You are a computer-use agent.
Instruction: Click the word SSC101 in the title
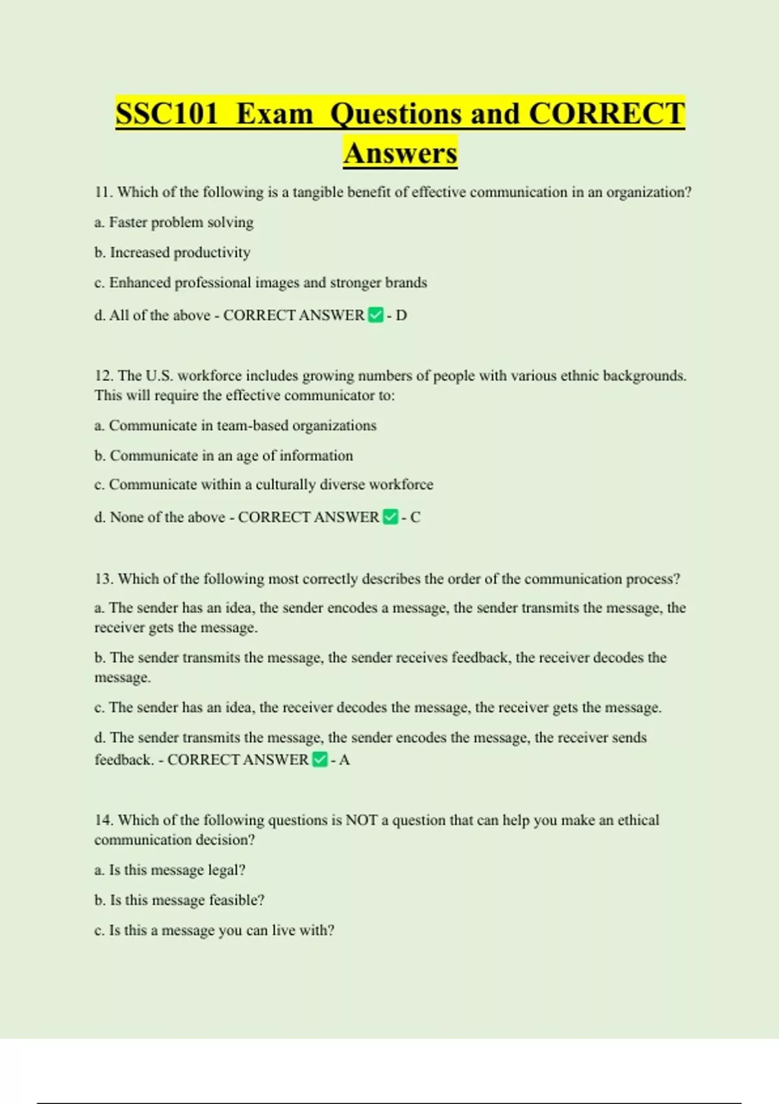167,114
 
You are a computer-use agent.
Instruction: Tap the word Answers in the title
401,153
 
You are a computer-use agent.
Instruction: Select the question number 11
104,192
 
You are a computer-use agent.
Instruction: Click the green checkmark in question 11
375,316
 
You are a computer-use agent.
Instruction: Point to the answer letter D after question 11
401,316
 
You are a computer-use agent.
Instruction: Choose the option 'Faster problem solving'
181,222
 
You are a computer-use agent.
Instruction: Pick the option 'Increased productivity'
180,253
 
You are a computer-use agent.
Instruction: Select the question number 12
104,376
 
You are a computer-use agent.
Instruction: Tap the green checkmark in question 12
390,518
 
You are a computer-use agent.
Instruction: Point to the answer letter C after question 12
415,518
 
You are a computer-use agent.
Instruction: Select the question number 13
104,579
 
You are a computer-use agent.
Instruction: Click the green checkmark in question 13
320,760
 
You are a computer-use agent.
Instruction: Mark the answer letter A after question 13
345,760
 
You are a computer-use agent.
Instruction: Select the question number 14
104,820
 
